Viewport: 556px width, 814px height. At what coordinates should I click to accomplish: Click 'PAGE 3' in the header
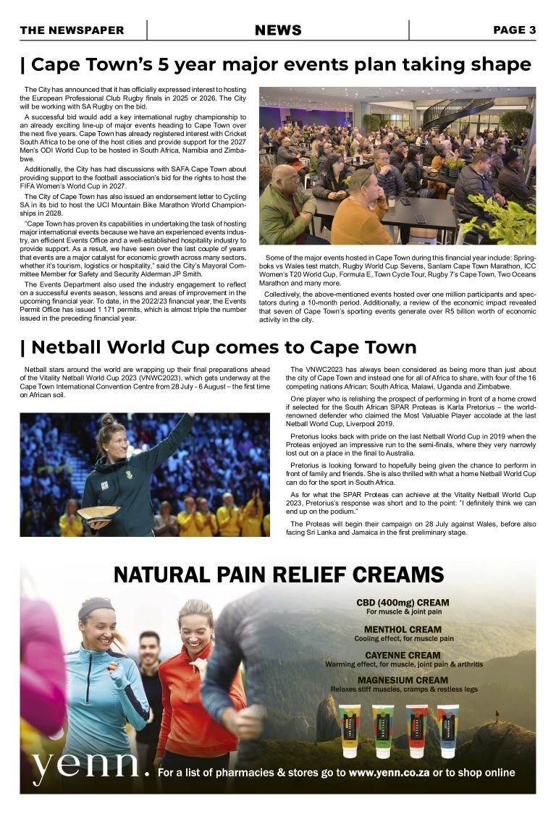514,30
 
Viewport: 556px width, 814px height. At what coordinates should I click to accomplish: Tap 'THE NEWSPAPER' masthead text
72,30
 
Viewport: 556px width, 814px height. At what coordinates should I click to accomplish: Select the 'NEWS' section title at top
278,30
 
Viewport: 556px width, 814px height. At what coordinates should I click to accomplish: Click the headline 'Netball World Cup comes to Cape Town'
218,347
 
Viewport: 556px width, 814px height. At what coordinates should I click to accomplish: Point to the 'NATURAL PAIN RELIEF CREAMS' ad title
279,575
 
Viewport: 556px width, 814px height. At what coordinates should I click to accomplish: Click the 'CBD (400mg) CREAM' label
403,602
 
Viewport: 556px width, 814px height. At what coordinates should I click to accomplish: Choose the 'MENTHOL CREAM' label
403,629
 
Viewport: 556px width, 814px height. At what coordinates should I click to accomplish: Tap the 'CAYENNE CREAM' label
403,656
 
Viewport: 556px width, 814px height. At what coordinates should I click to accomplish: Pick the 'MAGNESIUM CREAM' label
403,681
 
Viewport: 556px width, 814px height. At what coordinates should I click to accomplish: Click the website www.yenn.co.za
389,773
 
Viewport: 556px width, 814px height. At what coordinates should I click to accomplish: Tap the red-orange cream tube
416,731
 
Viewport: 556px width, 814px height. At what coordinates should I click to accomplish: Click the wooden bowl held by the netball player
98,512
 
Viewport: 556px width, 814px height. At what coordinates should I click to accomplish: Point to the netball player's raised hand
190,417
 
